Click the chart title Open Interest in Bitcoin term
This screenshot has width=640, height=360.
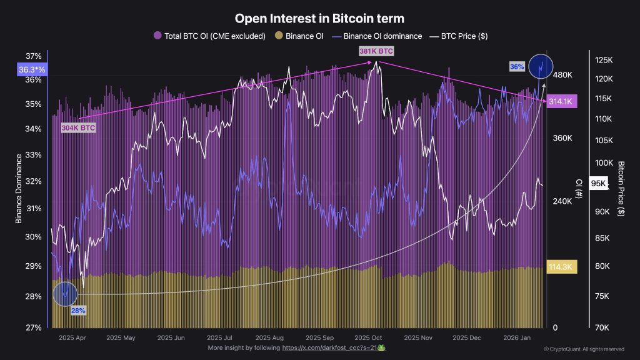click(x=319, y=19)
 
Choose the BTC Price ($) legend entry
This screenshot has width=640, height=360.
click(x=459, y=36)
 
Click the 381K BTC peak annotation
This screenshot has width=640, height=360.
click(x=376, y=51)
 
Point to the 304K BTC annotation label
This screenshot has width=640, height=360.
click(x=78, y=128)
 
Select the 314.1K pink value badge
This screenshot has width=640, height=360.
click(x=561, y=102)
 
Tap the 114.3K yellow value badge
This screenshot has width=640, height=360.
click(x=561, y=266)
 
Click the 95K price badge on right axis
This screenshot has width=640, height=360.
click(x=599, y=183)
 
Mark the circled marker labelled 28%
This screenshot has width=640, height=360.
click(x=65, y=294)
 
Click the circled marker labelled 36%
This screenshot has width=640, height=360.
click(x=541, y=66)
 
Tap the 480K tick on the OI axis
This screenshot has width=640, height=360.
click(x=563, y=75)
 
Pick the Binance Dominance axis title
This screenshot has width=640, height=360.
click(x=19, y=187)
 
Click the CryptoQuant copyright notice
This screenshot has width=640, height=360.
click(x=584, y=349)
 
